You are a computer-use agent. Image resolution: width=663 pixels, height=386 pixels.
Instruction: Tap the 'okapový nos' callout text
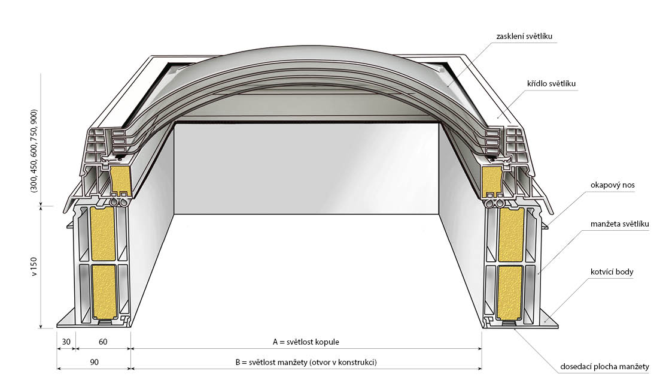point(613,185)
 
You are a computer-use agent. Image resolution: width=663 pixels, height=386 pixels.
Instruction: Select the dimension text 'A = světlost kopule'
point(306,342)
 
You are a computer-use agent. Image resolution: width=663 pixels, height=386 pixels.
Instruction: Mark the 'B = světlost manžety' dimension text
point(306,362)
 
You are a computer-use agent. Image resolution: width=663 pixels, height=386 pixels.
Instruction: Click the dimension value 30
point(66,342)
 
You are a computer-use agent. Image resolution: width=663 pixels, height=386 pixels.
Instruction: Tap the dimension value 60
point(103,342)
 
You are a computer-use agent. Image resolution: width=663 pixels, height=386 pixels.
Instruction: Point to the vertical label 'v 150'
point(34,267)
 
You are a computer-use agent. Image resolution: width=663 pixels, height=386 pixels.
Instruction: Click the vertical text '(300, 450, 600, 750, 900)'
point(34,151)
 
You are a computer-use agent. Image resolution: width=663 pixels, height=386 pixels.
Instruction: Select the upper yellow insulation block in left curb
point(104,234)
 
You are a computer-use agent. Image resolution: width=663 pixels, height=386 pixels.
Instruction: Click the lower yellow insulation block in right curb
point(510,292)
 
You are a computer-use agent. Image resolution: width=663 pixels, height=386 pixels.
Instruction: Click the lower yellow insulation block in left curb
point(104,292)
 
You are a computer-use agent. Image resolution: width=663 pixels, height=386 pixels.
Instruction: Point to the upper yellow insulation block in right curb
point(510,234)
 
